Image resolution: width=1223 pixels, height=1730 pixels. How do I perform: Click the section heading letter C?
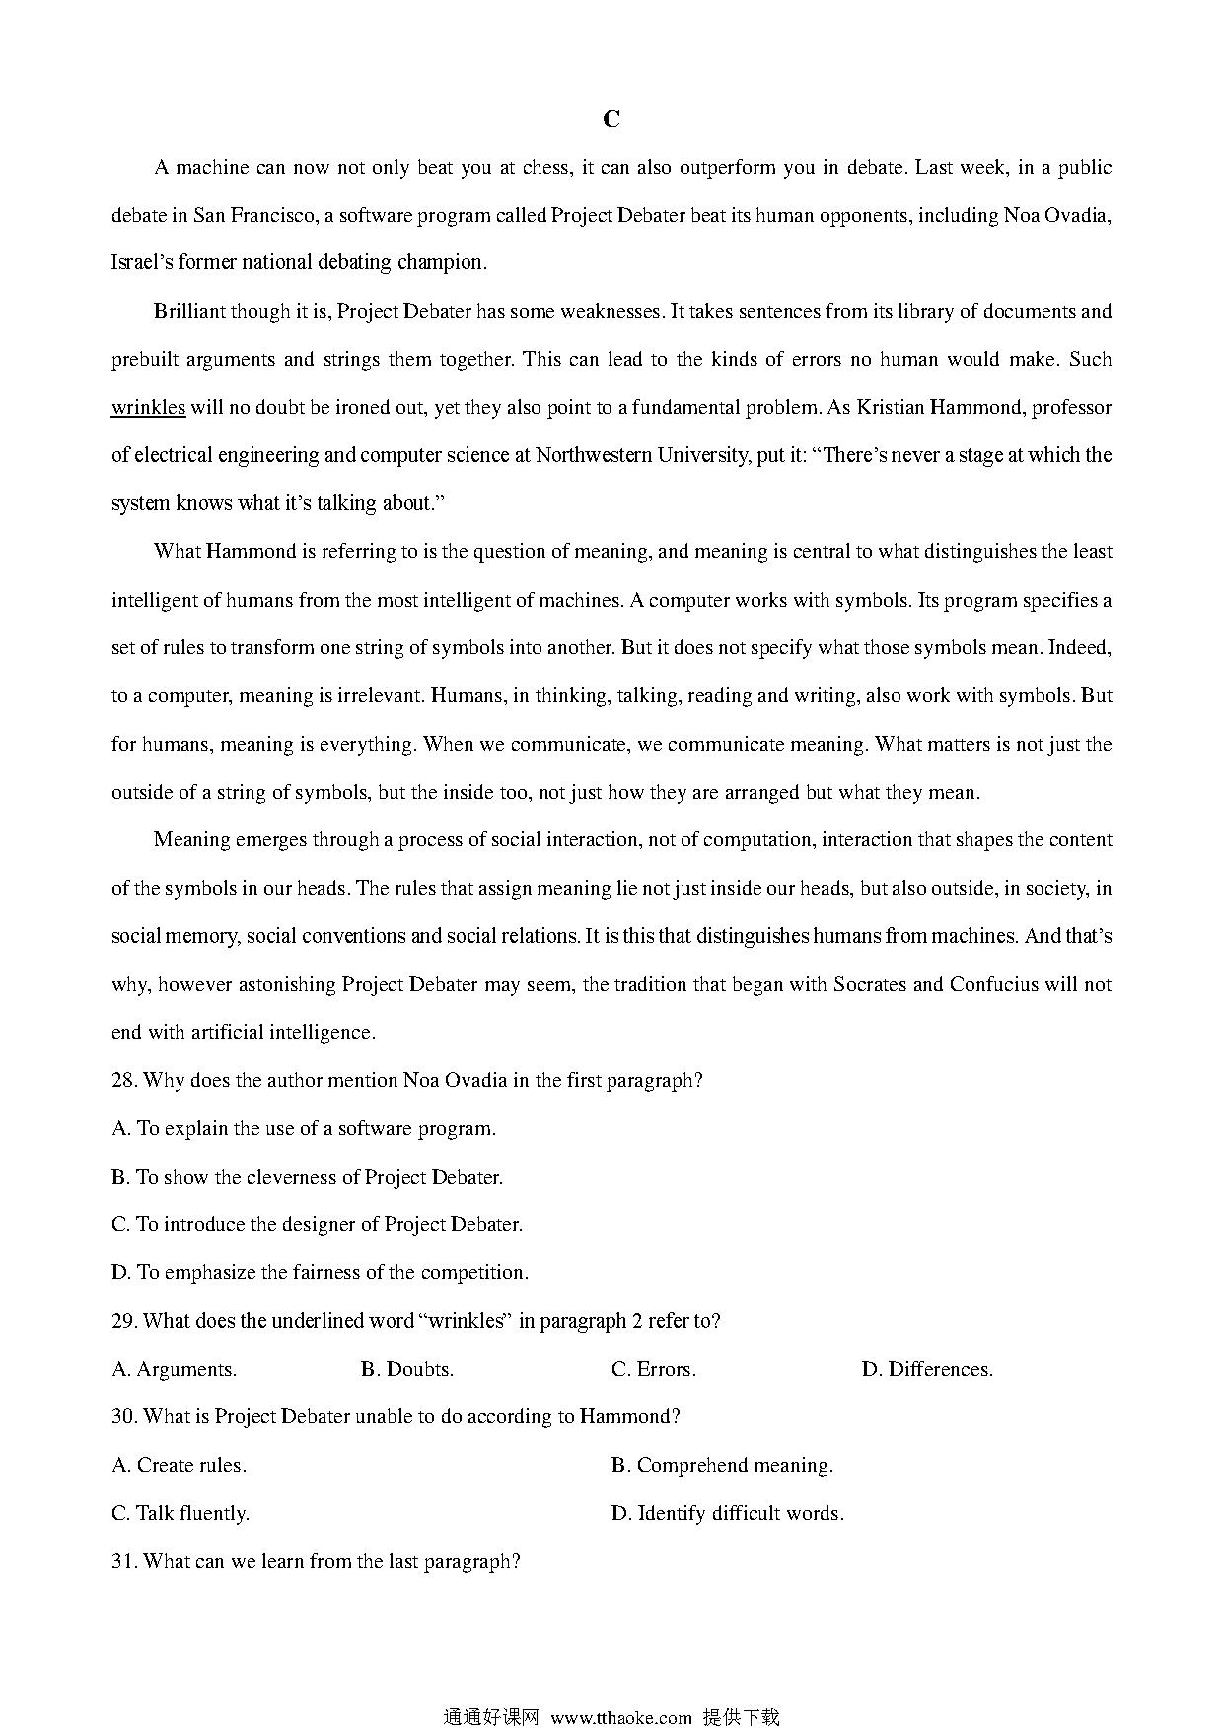point(611,119)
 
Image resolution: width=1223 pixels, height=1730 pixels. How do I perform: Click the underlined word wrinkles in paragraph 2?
point(148,407)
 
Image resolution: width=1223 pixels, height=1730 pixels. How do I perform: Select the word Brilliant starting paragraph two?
point(189,311)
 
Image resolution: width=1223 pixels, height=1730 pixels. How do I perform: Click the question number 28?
point(123,1080)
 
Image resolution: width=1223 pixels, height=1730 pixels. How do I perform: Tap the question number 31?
point(123,1561)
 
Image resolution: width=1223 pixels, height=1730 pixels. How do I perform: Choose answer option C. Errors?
point(654,1369)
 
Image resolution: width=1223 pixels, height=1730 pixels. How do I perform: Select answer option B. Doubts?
point(407,1369)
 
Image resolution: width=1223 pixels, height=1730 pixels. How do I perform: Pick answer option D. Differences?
point(927,1369)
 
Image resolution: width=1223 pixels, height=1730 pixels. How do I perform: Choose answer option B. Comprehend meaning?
point(722,1465)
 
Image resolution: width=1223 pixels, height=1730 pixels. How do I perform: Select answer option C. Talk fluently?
point(180,1513)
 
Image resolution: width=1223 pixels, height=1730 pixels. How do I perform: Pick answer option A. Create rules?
point(180,1465)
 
